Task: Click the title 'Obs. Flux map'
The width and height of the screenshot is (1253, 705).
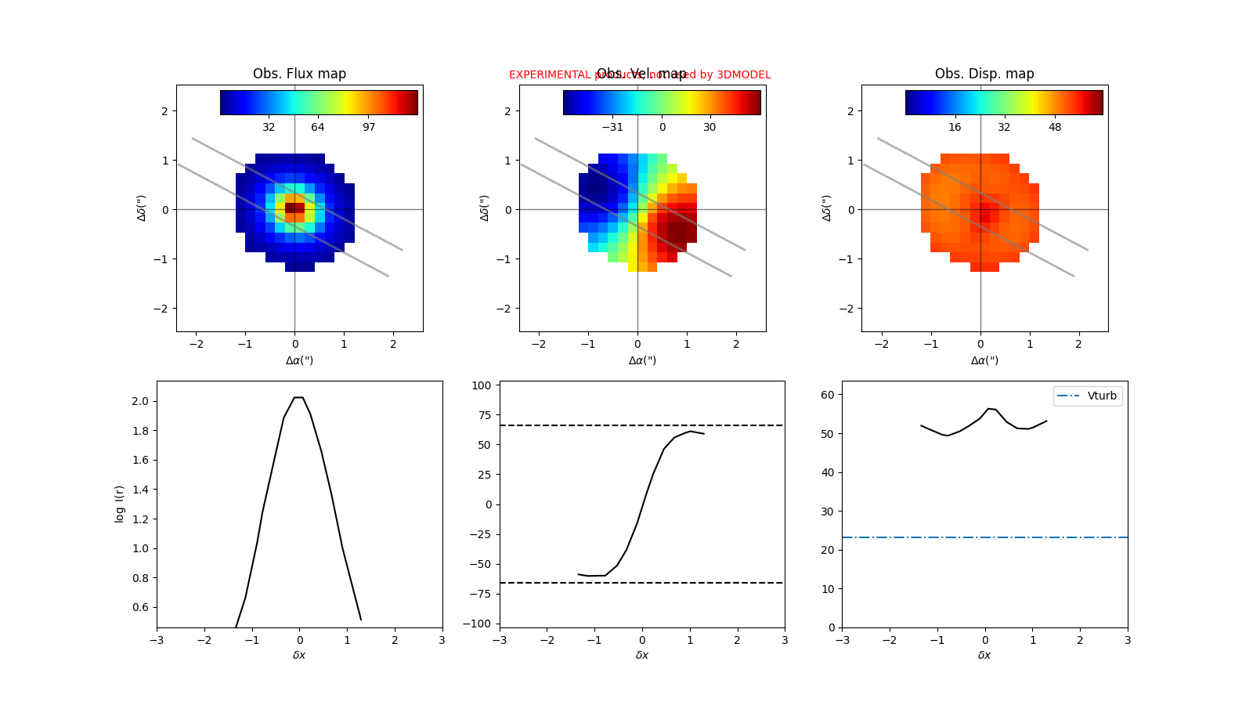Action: pos(299,74)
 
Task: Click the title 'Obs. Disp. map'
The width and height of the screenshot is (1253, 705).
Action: pos(984,74)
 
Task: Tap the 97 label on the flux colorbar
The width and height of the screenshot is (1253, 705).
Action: pos(369,128)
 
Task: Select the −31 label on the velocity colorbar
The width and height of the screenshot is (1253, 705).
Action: pos(612,128)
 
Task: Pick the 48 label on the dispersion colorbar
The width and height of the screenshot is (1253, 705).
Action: pos(1055,128)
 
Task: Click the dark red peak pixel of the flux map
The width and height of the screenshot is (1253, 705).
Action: pos(294,208)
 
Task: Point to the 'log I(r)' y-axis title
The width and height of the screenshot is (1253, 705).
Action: pos(119,504)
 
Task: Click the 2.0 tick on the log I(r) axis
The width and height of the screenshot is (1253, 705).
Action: pos(140,401)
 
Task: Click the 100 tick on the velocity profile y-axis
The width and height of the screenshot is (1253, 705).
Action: pos(482,385)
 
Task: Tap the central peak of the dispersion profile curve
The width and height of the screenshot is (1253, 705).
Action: pos(988,409)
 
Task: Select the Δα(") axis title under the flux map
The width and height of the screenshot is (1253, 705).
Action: pos(299,360)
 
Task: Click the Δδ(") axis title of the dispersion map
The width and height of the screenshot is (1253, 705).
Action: pos(827,208)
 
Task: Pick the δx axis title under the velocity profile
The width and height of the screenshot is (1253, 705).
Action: pos(642,655)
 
